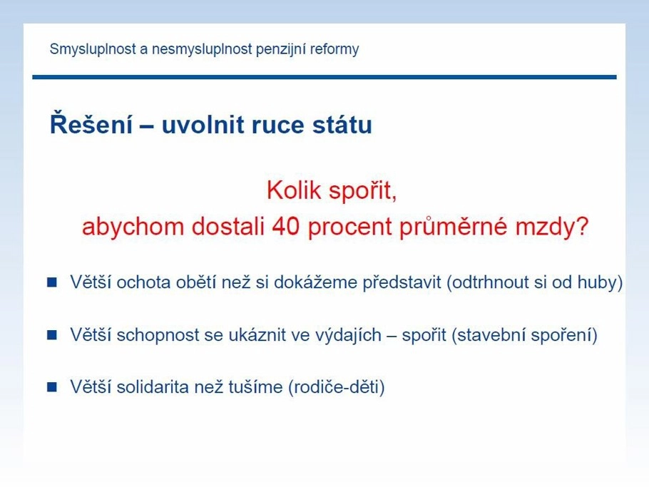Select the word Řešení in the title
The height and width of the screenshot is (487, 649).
coord(91,123)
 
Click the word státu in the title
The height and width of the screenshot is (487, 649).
coord(342,125)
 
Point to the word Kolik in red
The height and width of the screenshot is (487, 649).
coord(294,191)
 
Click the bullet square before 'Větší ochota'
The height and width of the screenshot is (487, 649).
coord(52,282)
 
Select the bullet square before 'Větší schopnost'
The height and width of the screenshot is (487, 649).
coord(52,334)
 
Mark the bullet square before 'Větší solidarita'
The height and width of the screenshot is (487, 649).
coord(52,387)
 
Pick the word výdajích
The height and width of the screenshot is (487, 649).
coord(348,334)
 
